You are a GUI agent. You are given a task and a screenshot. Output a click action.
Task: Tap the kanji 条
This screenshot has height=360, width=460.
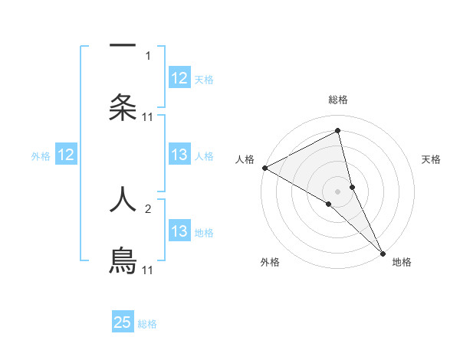(123, 107)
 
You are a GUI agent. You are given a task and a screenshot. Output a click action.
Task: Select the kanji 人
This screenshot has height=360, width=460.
(123, 199)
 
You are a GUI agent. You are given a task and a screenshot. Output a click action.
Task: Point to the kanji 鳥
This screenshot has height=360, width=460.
(123, 260)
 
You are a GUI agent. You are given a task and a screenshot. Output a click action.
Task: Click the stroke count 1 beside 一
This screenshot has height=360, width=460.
(148, 55)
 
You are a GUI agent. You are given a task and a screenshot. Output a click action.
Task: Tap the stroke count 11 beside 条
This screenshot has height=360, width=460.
(148, 116)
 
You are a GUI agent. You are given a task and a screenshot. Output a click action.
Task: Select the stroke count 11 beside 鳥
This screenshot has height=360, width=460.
(148, 270)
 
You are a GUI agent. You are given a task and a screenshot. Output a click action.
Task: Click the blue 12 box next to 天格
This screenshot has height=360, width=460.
(179, 78)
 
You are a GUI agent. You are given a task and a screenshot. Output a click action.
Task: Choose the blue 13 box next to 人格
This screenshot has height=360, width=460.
(179, 155)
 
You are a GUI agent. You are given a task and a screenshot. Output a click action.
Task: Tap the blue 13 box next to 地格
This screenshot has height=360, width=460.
(179, 231)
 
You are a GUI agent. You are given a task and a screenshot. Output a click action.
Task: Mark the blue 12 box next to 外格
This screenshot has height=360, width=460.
(66, 155)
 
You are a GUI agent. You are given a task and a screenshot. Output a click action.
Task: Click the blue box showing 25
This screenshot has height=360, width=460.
(123, 322)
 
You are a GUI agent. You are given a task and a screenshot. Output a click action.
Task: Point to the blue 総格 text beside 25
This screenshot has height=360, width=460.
(147, 324)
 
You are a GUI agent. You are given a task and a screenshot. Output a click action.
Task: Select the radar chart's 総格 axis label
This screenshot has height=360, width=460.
(338, 100)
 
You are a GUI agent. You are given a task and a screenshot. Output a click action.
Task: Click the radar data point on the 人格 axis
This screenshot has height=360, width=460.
(264, 168)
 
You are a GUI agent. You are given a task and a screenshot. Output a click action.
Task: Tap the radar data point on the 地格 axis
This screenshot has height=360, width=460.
(383, 252)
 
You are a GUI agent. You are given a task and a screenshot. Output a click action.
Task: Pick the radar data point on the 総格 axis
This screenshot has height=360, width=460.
(338, 131)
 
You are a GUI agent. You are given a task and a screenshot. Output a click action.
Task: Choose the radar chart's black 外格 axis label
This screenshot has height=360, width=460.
(270, 263)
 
